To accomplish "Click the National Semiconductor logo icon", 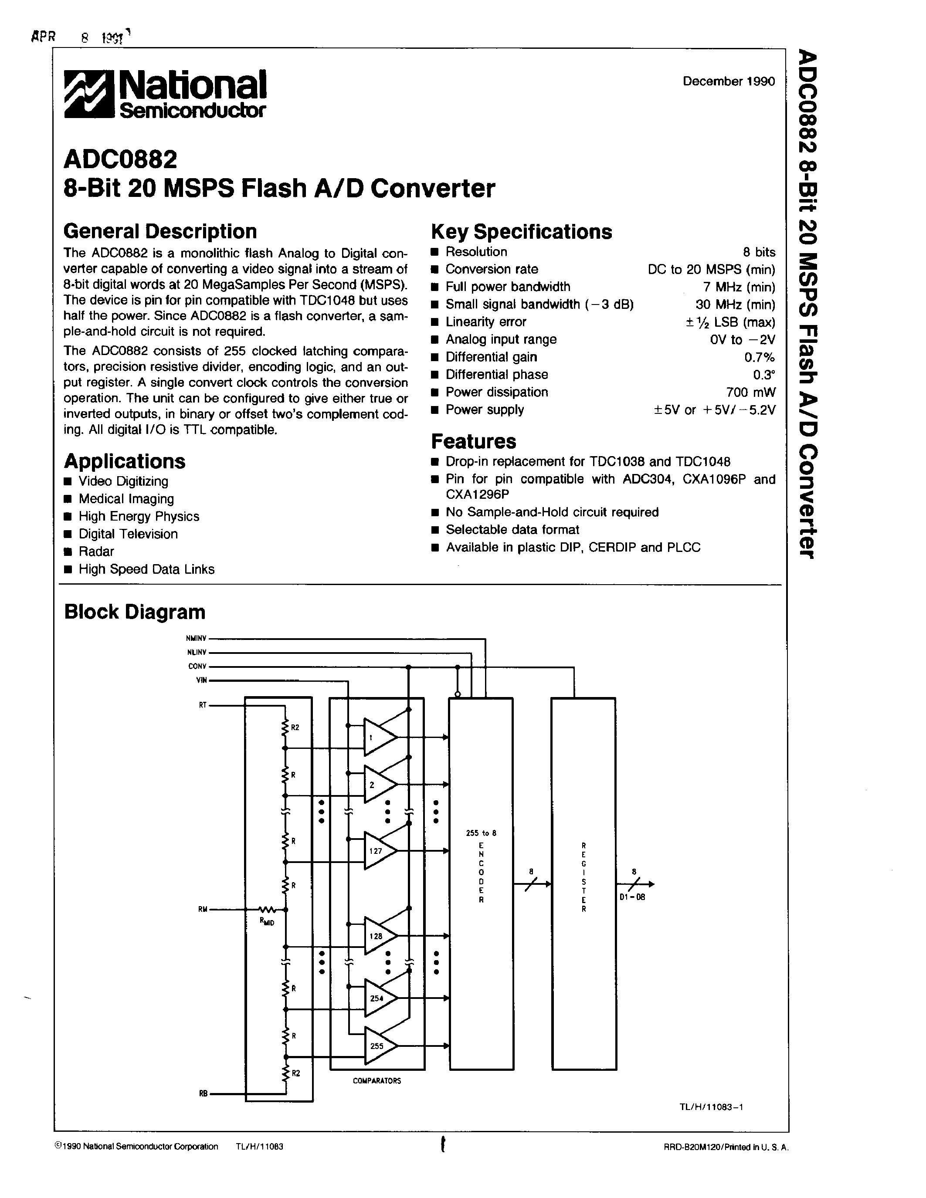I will pos(90,95).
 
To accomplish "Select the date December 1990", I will pos(728,81).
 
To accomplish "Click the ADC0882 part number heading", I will pos(120,159).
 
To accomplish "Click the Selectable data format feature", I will pos(512,529).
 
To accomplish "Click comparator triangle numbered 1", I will pos(378,737).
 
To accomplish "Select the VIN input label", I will pos(201,680).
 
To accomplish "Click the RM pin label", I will pos(203,910).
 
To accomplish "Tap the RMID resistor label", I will pos(267,921).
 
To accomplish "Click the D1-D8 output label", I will pos(632,897).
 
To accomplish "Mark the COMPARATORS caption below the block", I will pos(377,1081).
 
